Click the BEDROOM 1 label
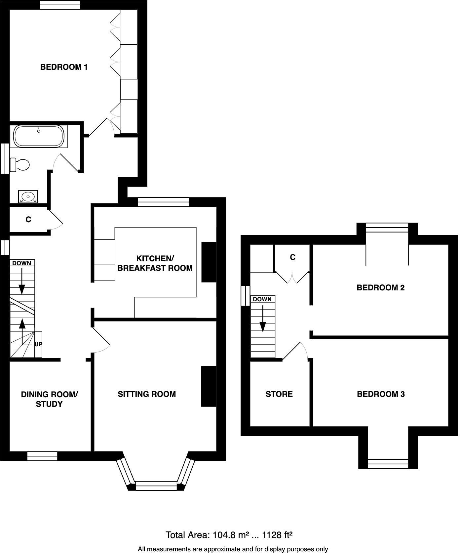click(64, 67)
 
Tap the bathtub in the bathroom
click(39, 136)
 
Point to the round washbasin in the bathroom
click(28, 196)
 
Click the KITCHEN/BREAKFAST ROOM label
click(155, 263)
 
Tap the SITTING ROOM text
click(147, 394)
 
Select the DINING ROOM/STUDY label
click(49, 399)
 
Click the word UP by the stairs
click(38, 344)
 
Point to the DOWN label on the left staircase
click(22, 263)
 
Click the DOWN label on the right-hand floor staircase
click(262, 299)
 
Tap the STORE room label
click(279, 394)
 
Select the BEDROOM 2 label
click(380, 288)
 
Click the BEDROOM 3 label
click(381, 394)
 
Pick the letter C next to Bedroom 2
click(292, 257)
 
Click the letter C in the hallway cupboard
click(28, 220)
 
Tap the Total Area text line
click(229, 535)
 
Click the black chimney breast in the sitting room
click(209, 386)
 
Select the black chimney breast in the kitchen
click(209, 262)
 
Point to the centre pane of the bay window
click(156, 486)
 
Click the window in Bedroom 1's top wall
click(60, 5)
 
